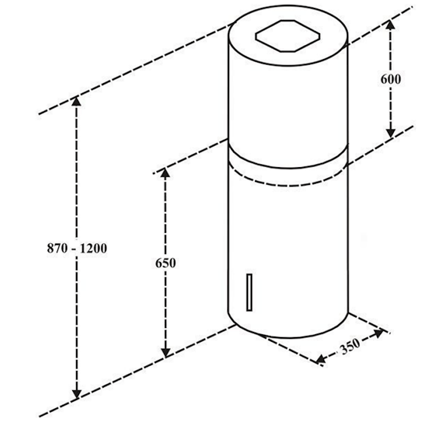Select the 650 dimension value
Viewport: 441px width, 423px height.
pyautogui.click(x=166, y=263)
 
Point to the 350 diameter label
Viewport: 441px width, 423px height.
pyautogui.click(x=350, y=346)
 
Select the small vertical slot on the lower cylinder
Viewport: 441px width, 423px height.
pyautogui.click(x=249, y=292)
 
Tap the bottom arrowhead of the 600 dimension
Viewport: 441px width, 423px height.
pyautogui.click(x=391, y=132)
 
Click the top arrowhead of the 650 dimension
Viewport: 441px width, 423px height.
pyautogui.click(x=166, y=172)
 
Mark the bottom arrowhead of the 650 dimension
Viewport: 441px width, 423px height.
pyautogui.click(x=166, y=353)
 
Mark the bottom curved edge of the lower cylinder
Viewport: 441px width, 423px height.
pyautogui.click(x=289, y=336)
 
